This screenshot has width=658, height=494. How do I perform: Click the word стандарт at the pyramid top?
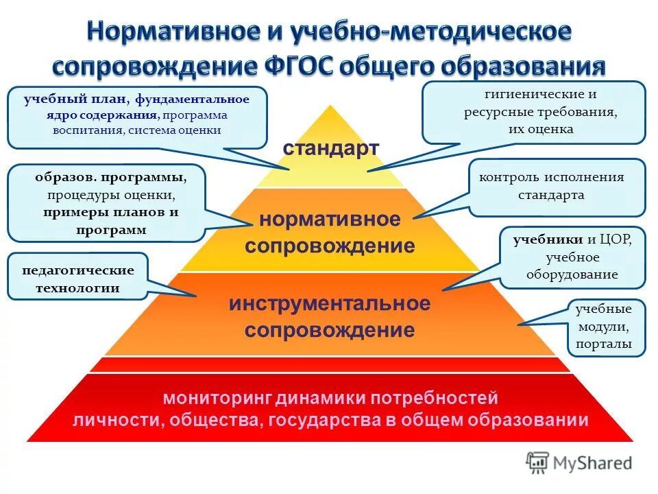330,148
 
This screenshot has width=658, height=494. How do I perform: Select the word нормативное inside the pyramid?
330,220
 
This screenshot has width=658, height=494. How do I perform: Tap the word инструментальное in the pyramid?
330,304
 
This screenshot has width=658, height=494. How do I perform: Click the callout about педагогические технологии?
77,279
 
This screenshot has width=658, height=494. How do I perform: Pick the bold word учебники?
548,239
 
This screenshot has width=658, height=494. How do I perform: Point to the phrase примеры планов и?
110,212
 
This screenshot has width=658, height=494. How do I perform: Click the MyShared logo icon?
538,462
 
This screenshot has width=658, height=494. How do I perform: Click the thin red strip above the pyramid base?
330,364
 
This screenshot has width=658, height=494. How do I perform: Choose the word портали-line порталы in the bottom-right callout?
604,344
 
